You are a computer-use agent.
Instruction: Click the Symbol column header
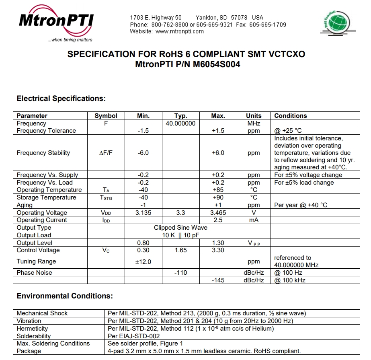coord(106,116)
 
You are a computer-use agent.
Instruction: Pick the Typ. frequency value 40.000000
coord(180,123)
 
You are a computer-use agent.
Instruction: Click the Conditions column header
coord(290,116)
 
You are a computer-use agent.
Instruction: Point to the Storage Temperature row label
coord(46,197)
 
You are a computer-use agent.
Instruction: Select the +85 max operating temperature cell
coord(218,190)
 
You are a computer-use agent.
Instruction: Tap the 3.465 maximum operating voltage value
coord(218,213)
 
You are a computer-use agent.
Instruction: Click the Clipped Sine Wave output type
coord(180,228)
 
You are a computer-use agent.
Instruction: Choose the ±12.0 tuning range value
coord(143,261)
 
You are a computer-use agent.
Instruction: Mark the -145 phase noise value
coord(218,280)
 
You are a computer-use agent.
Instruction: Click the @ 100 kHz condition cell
coord(290,280)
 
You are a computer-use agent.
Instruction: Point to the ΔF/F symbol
coord(106,153)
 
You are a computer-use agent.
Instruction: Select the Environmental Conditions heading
coord(65,296)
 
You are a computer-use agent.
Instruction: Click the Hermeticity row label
coord(32,329)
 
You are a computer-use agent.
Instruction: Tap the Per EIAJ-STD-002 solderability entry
coord(133,336)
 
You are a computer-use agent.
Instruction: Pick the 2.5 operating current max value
coord(218,220)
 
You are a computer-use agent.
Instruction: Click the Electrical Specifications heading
coord(61,99)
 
